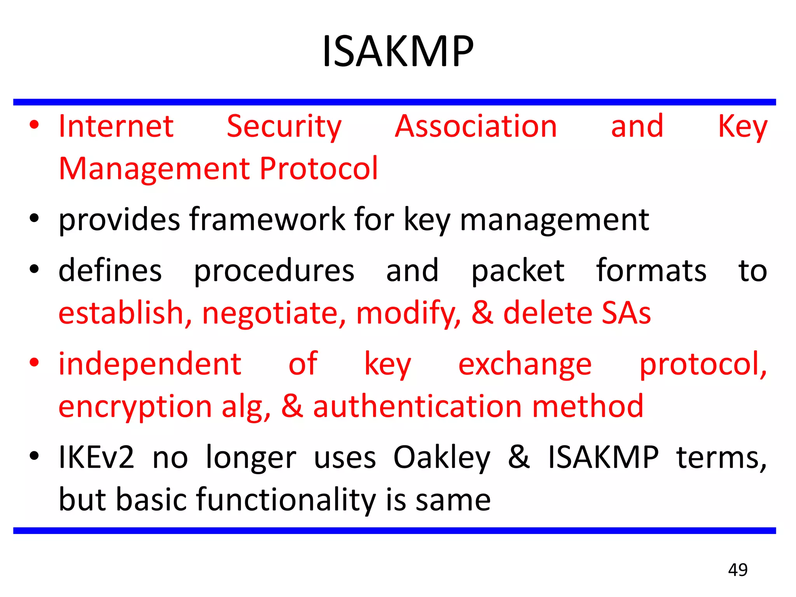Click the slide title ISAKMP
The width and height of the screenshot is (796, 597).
[x=398, y=51]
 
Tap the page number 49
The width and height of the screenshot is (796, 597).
[x=738, y=570]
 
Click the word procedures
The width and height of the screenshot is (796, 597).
[x=274, y=271]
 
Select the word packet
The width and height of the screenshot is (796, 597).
[x=518, y=271]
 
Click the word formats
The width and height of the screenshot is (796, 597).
[x=651, y=270]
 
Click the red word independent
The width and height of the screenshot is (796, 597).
[x=150, y=364]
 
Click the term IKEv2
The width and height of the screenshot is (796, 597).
[x=96, y=457]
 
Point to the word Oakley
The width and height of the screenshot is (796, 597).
[x=442, y=457]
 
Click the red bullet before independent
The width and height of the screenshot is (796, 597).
[x=34, y=363]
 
